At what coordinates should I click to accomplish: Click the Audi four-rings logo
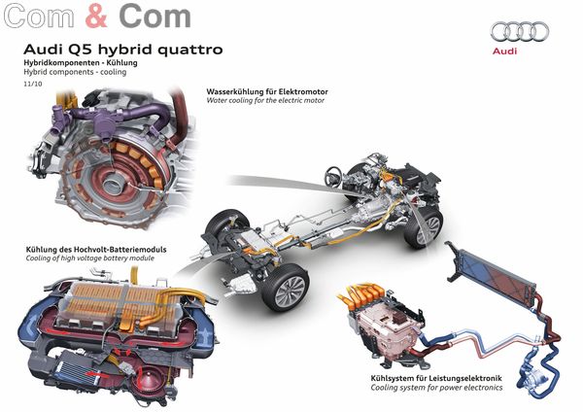tap(520, 31)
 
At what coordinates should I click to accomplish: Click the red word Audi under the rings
tap(504, 51)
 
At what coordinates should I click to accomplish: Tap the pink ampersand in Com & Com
tap(96, 16)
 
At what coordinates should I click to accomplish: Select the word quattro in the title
tap(190, 50)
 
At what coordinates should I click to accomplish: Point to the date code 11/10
tap(33, 84)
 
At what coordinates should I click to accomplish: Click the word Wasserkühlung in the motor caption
tap(235, 91)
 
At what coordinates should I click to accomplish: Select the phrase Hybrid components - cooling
tap(75, 72)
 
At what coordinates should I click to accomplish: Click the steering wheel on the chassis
tap(333, 176)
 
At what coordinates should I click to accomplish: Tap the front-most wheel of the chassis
tap(286, 288)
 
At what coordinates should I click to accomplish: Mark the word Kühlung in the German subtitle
tap(122, 62)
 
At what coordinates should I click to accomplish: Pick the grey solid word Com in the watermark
tap(154, 16)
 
